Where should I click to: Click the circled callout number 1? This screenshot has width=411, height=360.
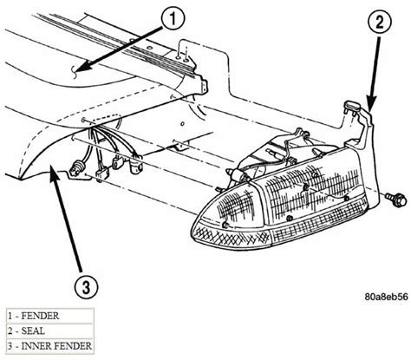tap(173, 19)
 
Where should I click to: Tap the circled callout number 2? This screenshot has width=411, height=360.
tap(380, 23)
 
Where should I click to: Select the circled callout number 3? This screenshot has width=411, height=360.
tap(86, 286)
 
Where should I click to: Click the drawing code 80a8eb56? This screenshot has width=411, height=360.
tap(386, 297)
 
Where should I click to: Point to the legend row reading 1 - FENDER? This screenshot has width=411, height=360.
tap(49, 316)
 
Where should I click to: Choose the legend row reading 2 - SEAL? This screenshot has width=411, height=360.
tap(49, 331)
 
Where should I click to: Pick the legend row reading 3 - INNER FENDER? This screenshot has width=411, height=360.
tap(49, 346)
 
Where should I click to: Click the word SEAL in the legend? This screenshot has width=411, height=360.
tap(33, 331)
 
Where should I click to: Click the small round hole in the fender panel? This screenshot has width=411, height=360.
tap(182, 124)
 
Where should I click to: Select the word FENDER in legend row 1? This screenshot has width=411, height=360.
tap(40, 316)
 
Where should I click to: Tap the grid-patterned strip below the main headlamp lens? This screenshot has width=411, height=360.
tap(319, 220)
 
